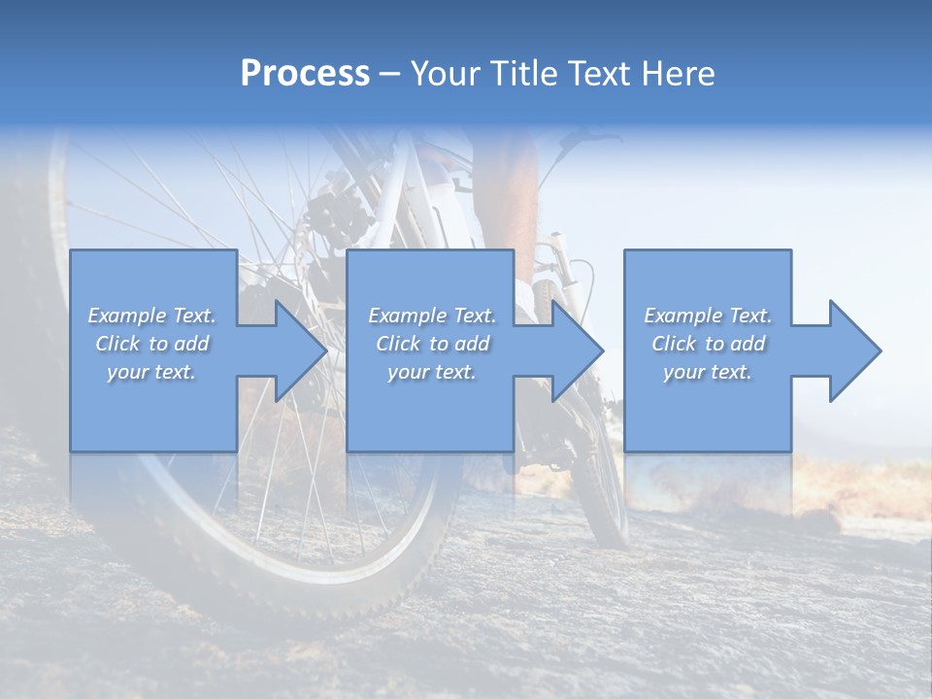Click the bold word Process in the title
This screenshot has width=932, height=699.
point(305,74)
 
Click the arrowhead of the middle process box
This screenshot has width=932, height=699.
point(577,350)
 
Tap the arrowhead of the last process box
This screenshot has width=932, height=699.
point(854,350)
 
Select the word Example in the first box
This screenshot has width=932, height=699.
point(125,316)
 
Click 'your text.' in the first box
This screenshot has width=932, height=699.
point(151,372)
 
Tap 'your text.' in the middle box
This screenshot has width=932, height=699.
point(432,372)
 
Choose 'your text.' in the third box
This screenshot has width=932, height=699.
point(708,372)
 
